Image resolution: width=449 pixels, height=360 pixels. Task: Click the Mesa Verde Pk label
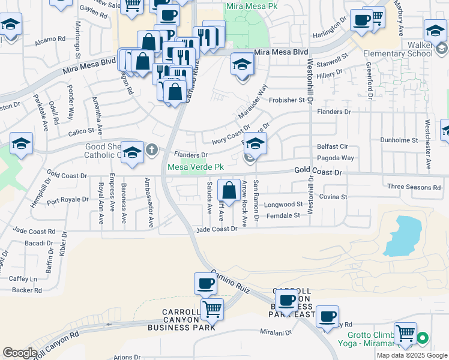[195, 167]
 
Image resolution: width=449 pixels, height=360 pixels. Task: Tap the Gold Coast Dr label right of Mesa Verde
[318, 172]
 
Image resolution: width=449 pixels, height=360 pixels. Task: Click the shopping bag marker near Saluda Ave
[229, 190]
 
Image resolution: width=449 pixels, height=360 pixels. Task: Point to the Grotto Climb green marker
[422, 338]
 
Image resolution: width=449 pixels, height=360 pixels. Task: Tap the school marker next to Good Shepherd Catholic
[132, 151]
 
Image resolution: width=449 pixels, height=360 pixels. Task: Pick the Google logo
[20, 353]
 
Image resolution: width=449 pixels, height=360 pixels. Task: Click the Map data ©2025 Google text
[412, 355]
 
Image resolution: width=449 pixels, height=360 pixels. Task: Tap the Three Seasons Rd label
[414, 187]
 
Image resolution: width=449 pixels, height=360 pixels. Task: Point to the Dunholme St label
[399, 140]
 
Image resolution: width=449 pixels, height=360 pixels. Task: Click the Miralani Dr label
[276, 332]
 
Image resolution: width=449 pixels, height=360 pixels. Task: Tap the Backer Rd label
[26, 290]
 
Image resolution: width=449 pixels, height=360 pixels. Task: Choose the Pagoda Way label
[336, 158]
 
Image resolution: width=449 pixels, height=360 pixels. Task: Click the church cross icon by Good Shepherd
[152, 149]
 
